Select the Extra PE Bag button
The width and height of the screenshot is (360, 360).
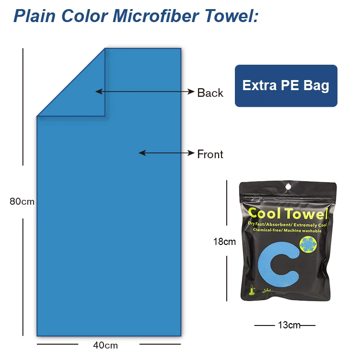pos(286,85)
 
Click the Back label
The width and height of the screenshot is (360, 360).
pos(210,93)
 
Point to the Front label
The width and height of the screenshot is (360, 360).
pos(210,154)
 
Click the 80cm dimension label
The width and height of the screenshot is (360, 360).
pos(22,201)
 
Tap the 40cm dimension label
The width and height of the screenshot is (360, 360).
pos(105,345)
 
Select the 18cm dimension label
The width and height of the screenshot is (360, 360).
pos(224,242)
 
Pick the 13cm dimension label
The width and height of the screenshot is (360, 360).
pos(289,325)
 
